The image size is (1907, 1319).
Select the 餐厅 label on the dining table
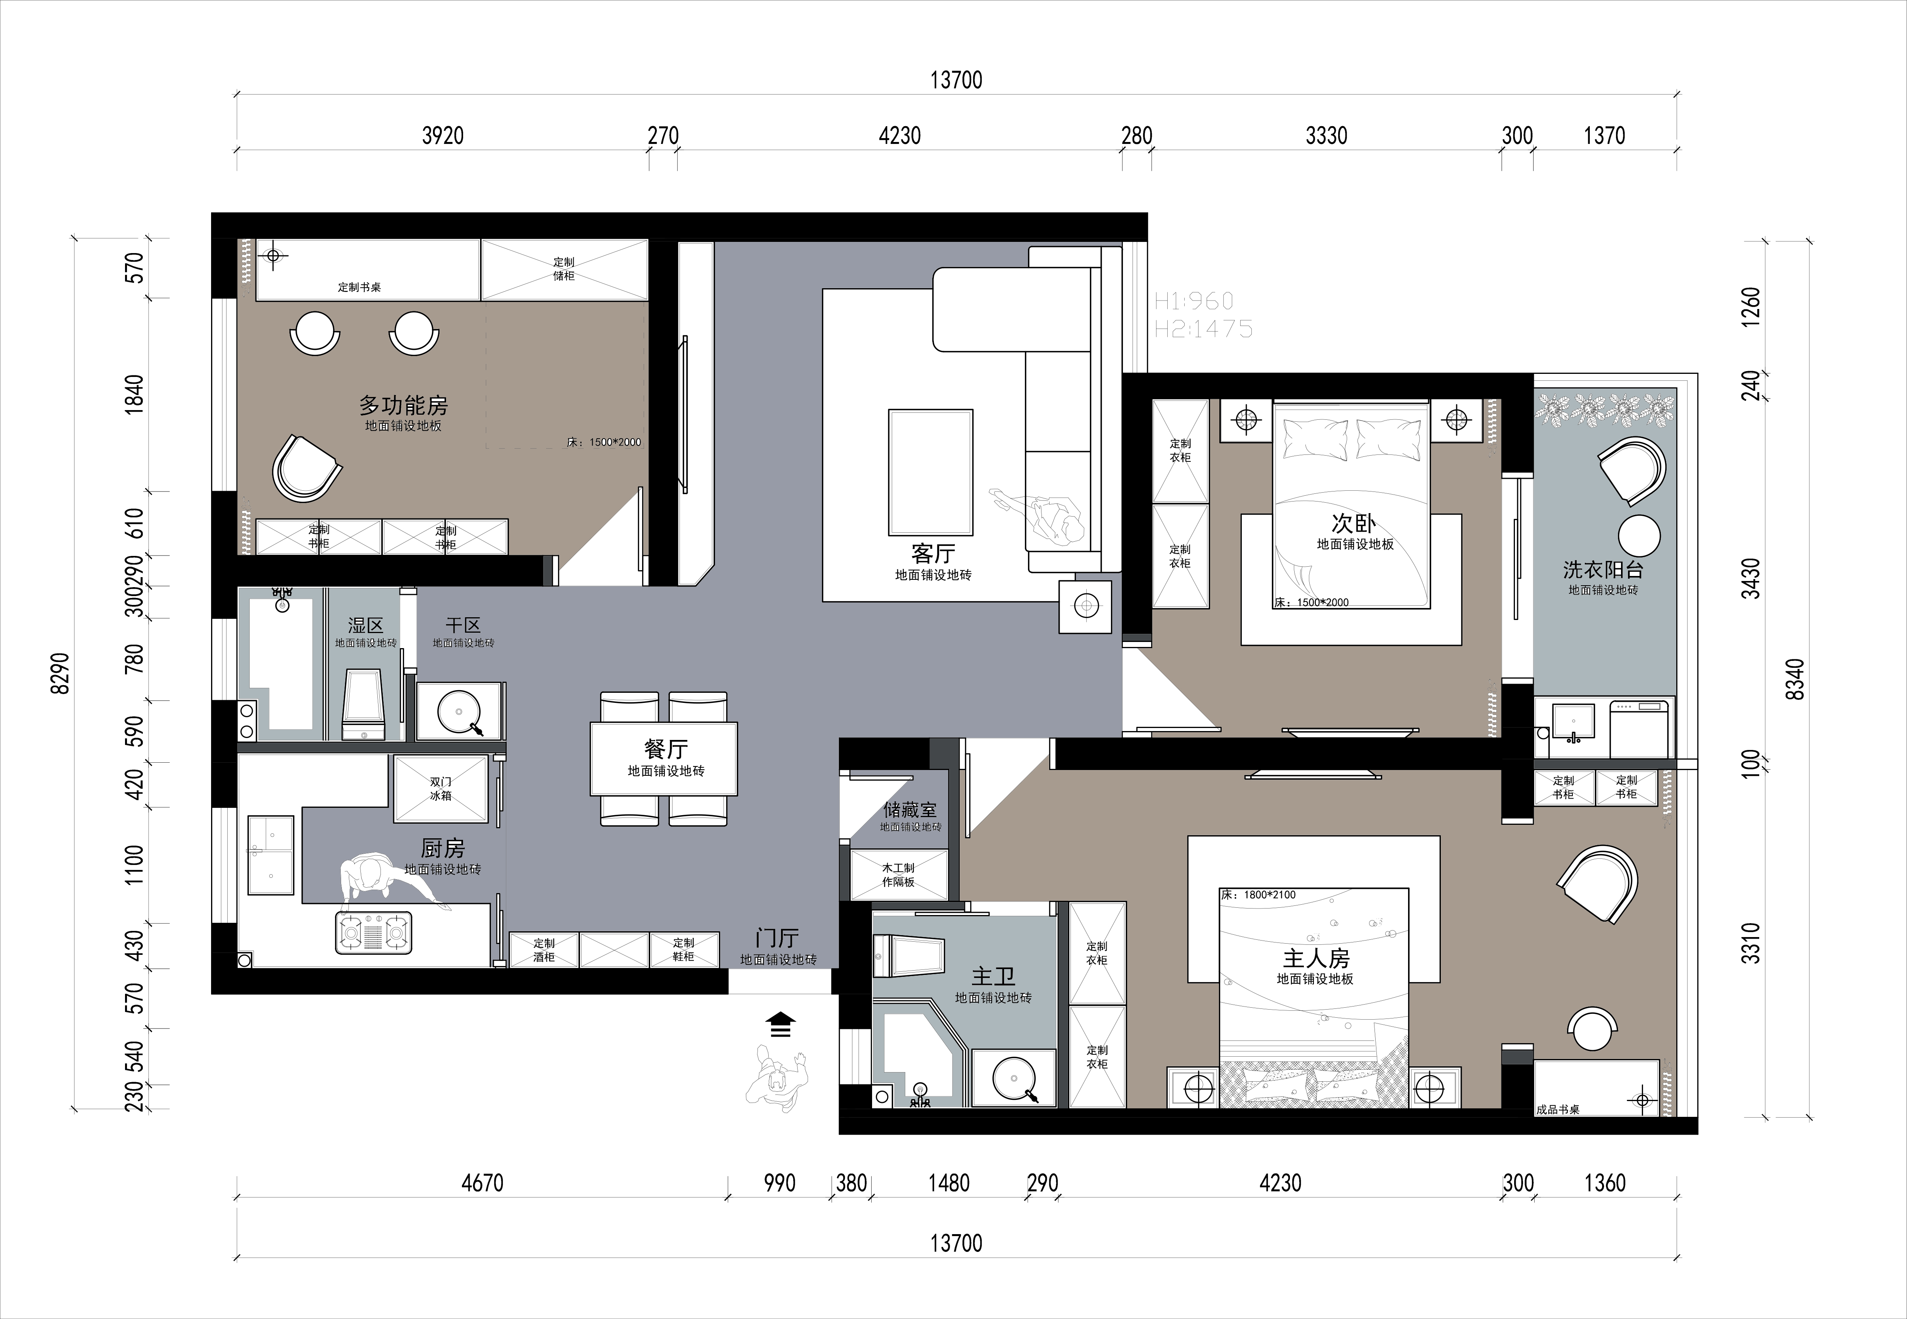tap(665, 749)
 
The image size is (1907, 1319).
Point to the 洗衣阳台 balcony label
tap(1603, 569)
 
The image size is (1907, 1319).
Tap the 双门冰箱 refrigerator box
tap(441, 789)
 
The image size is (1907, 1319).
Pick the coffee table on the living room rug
tap(931, 472)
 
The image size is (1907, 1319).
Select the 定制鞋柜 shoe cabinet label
tap(684, 949)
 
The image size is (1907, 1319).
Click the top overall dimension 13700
tap(956, 80)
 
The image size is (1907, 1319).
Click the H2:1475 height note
tap(1204, 329)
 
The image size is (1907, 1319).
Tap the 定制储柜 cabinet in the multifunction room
tap(565, 269)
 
